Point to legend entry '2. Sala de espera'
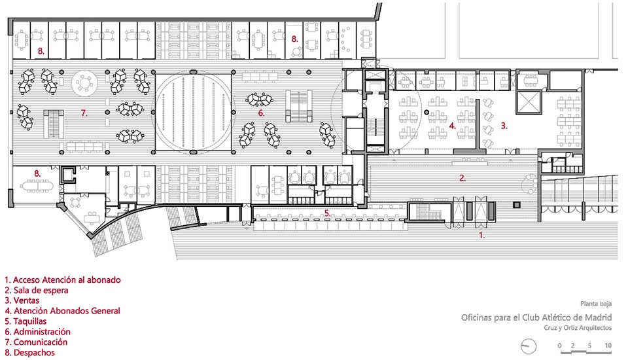point(39,290)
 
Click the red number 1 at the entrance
point(482,234)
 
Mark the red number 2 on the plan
point(462,177)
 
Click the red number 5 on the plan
point(326,213)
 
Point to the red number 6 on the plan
point(261,113)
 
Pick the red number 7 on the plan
point(84,113)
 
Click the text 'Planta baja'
point(595,304)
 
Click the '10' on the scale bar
point(608,345)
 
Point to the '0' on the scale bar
point(559,345)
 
